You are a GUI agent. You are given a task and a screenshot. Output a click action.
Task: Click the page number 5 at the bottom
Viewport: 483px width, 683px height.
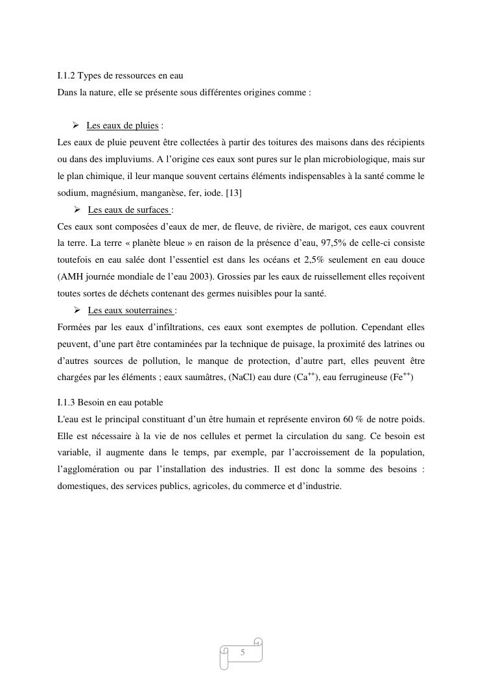tap(242, 652)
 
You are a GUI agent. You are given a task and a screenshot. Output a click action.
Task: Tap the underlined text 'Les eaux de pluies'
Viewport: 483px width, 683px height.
tap(122, 125)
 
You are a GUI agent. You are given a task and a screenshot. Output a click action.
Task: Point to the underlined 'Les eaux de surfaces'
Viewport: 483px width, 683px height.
tap(128, 210)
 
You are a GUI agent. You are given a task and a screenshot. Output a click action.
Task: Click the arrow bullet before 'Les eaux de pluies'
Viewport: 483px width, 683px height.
tap(75, 125)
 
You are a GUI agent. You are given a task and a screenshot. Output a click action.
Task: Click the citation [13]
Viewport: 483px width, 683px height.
tap(233, 193)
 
